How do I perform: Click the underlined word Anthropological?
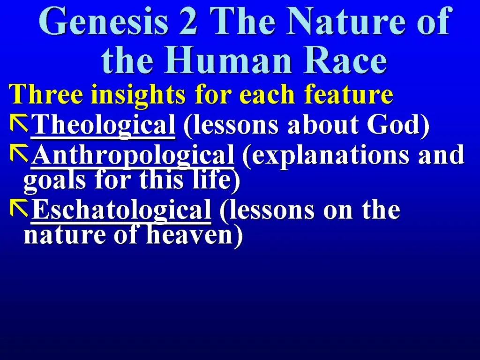132,155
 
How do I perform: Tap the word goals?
50,181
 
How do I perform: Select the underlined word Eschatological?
121,210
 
